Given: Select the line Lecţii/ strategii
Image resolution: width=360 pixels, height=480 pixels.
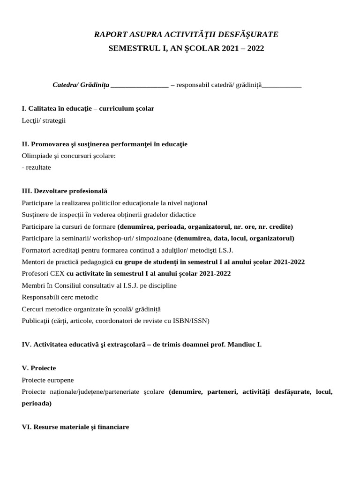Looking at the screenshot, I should coord(44,120).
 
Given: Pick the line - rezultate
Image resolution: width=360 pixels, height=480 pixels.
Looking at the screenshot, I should coord(37,167).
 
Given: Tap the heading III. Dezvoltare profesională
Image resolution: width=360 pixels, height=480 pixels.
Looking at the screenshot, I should coord(65,191).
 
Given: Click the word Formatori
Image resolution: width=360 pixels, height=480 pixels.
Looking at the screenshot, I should coord(37,250).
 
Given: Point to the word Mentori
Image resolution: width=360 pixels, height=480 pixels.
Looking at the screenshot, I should coord(34,262).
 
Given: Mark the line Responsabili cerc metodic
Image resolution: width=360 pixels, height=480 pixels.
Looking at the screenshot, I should coord(60,297).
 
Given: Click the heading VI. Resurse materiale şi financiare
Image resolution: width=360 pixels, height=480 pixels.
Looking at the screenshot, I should coord(75,427).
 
